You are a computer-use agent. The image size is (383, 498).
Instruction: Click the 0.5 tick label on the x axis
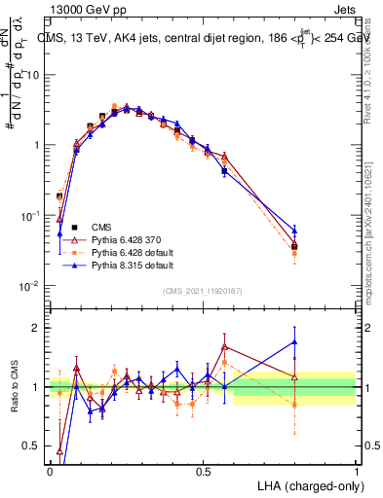click(203, 471)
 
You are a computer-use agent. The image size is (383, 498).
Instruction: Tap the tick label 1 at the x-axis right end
click(355, 471)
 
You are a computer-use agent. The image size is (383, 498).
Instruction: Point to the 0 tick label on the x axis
click(50, 471)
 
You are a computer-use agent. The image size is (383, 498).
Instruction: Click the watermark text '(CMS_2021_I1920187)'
click(202, 290)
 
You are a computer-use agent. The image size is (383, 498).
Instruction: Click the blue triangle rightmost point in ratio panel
click(294, 341)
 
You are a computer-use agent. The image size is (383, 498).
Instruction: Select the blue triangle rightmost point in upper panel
click(294, 231)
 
